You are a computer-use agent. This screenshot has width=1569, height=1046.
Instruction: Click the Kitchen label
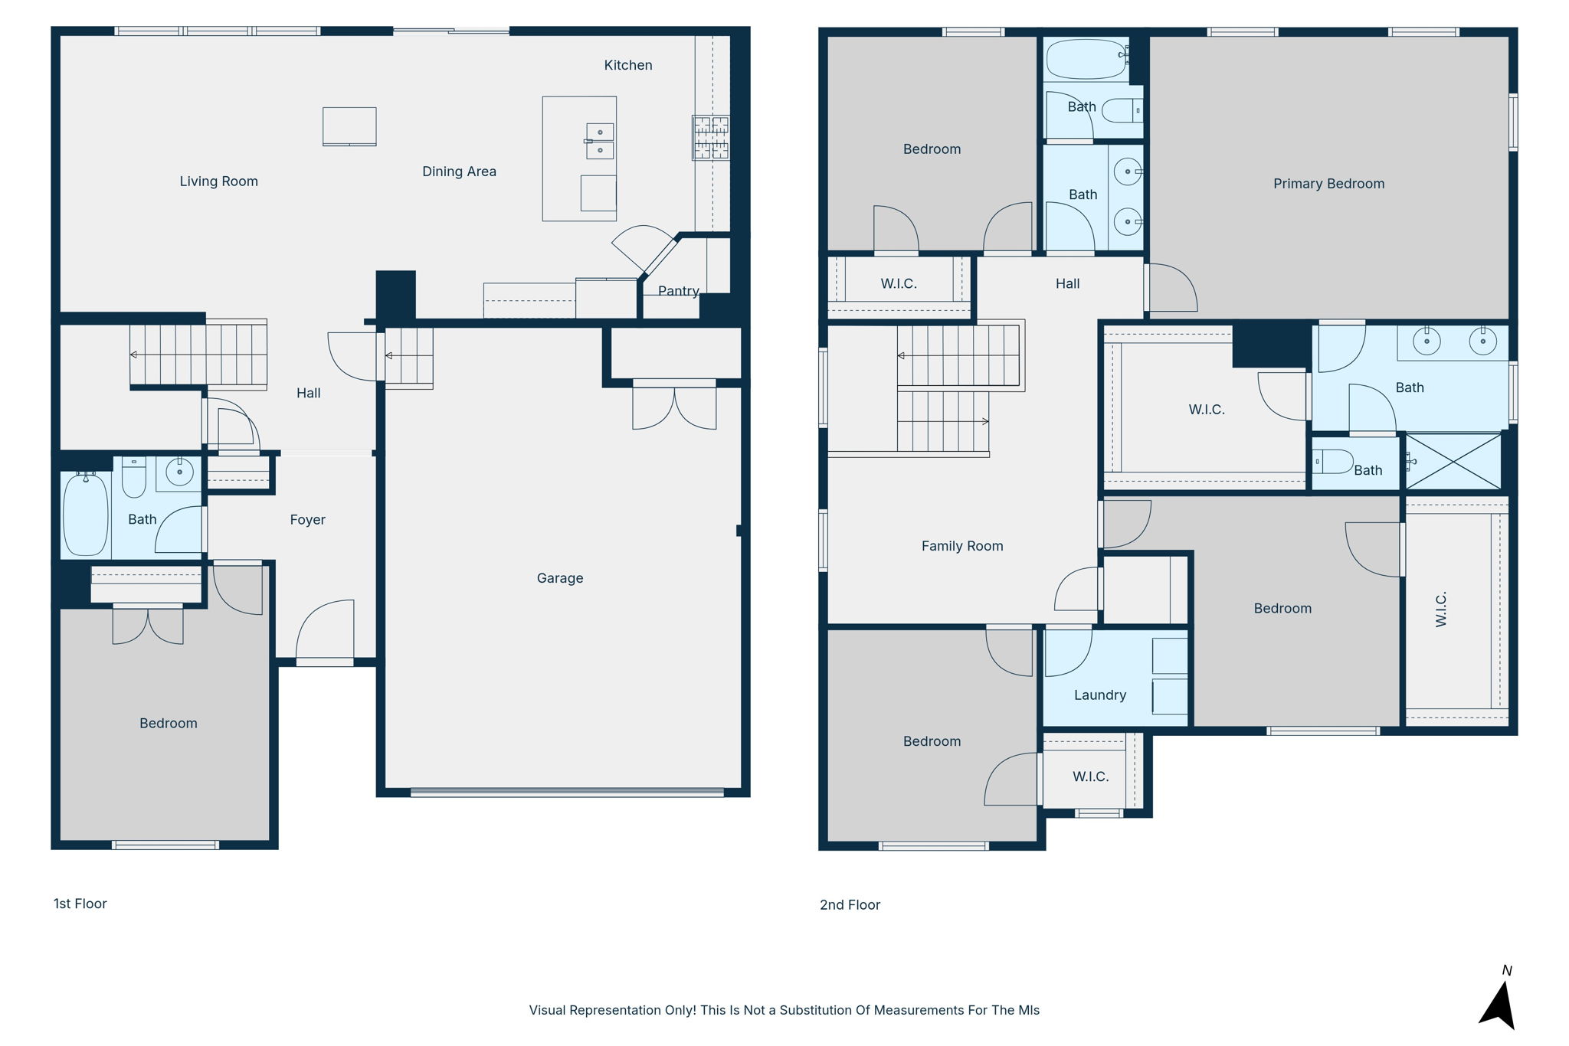pos(627,65)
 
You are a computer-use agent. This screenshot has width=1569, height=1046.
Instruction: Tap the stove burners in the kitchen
pos(711,138)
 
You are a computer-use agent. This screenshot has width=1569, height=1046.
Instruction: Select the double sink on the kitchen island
pos(600,141)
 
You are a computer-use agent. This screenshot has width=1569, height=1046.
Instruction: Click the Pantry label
pos(678,291)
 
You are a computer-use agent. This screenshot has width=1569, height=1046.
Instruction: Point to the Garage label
pos(559,578)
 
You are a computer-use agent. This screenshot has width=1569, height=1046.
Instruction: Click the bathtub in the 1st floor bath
pos(85,515)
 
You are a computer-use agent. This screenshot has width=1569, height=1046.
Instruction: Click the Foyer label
pos(307,520)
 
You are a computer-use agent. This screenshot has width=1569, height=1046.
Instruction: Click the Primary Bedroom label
pos(1328,184)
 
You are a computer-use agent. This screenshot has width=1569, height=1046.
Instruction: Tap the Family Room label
pos(961,546)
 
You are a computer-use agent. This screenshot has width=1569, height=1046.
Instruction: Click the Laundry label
pos(1099,695)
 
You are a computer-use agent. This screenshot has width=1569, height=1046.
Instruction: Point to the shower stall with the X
pos(1453,462)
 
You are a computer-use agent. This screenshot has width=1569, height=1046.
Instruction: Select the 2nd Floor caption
pos(850,905)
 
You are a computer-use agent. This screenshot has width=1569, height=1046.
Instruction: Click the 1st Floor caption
pos(80,904)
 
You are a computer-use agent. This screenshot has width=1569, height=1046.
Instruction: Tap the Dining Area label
pos(459,172)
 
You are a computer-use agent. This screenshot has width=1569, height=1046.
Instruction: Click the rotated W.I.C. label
pos(1441,610)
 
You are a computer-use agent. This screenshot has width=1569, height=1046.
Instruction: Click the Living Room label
pos(218,181)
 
